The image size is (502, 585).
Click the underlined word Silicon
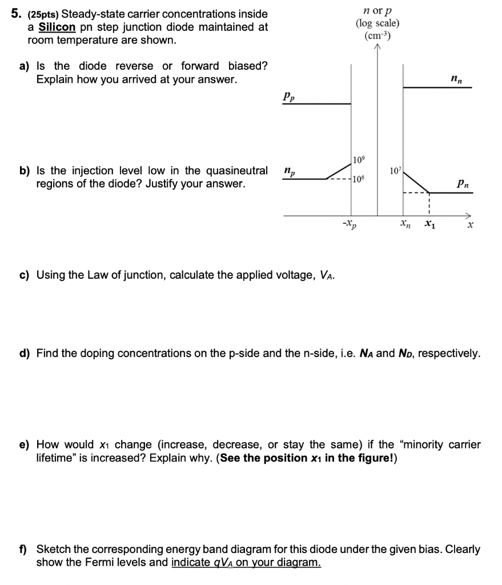pos(56,27)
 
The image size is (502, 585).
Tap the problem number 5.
pos(16,13)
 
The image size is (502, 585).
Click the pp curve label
pos(289,98)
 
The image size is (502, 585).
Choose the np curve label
pos(289,171)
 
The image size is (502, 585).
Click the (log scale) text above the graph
pos(377,23)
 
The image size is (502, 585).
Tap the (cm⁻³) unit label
pos(377,35)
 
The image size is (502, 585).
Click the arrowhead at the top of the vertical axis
pos(377,48)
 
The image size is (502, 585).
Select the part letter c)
pos(25,275)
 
